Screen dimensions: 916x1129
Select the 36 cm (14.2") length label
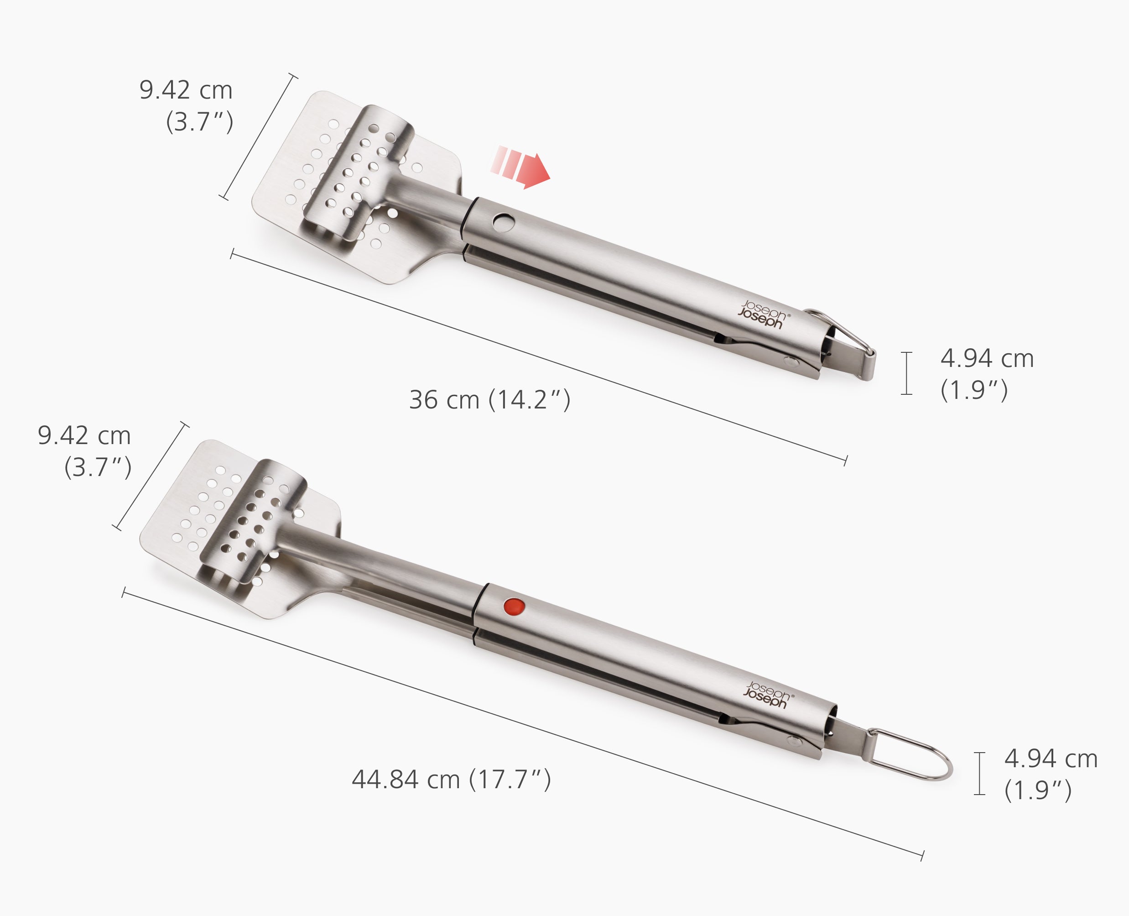click(x=489, y=400)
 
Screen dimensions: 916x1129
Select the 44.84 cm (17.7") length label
click(x=451, y=780)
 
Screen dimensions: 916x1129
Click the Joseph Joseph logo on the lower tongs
click(x=768, y=695)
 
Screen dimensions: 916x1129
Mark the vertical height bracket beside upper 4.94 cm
click(x=906, y=373)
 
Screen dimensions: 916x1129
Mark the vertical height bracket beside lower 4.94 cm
click(x=980, y=774)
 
